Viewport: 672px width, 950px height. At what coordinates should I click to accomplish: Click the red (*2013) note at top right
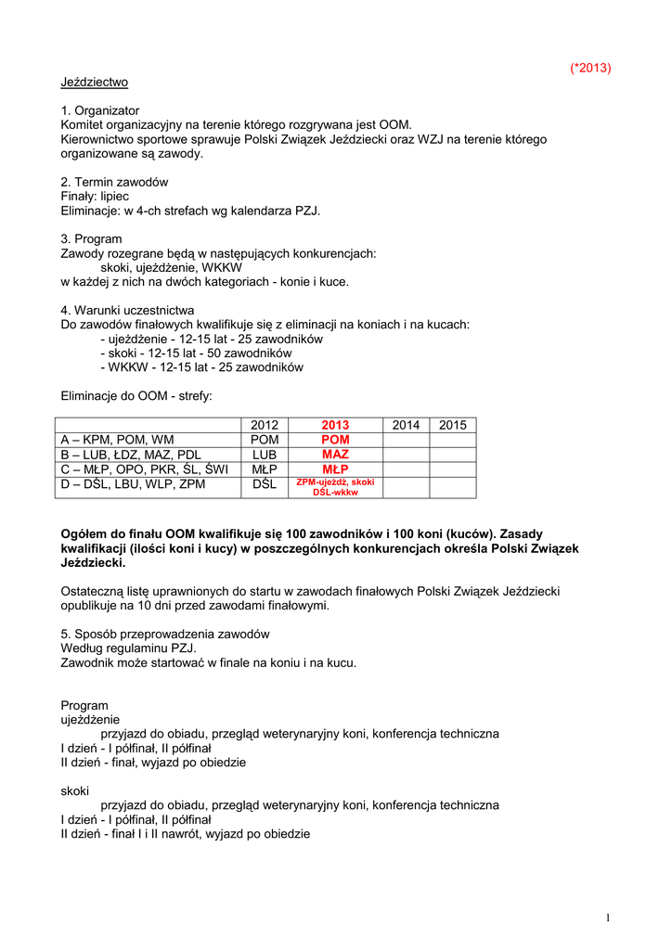590,68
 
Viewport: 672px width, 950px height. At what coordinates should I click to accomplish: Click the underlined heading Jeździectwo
94,83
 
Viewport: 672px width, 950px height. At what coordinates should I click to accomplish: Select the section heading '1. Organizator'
100,110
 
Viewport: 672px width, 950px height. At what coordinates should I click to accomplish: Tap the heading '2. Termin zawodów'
114,182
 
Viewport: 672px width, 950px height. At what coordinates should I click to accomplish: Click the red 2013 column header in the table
335,425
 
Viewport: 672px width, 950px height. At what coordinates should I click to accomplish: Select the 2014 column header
406,425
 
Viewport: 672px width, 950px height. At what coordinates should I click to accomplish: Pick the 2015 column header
452,425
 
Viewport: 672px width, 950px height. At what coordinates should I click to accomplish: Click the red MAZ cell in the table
335,455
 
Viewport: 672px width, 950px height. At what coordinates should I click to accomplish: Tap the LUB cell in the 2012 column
265,455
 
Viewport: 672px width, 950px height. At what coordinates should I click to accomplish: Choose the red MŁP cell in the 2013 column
335,469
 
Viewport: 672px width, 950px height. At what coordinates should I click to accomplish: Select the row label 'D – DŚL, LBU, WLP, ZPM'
133,484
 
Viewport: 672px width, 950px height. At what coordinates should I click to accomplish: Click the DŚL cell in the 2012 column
265,484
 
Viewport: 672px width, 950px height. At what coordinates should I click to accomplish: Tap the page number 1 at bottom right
607,918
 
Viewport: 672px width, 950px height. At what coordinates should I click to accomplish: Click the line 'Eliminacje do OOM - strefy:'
136,395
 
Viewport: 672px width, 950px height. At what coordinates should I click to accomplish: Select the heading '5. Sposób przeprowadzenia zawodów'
164,635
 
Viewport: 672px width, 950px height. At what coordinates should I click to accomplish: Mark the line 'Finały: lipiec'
95,197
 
